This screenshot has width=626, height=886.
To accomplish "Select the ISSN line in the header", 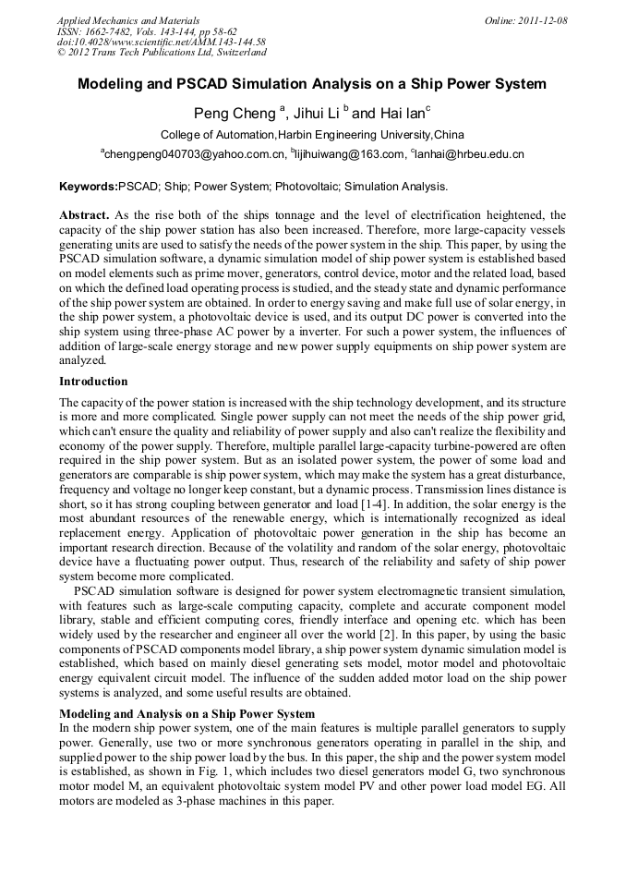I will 148,31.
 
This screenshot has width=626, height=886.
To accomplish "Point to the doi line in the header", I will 162,42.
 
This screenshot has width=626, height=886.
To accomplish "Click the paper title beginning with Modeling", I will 312,84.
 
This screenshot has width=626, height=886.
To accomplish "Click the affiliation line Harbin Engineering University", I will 312,135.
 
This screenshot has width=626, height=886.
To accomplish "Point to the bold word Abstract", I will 85,214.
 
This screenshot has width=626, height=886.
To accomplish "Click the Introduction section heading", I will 94,382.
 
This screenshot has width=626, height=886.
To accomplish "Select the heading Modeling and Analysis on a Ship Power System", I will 187,714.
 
